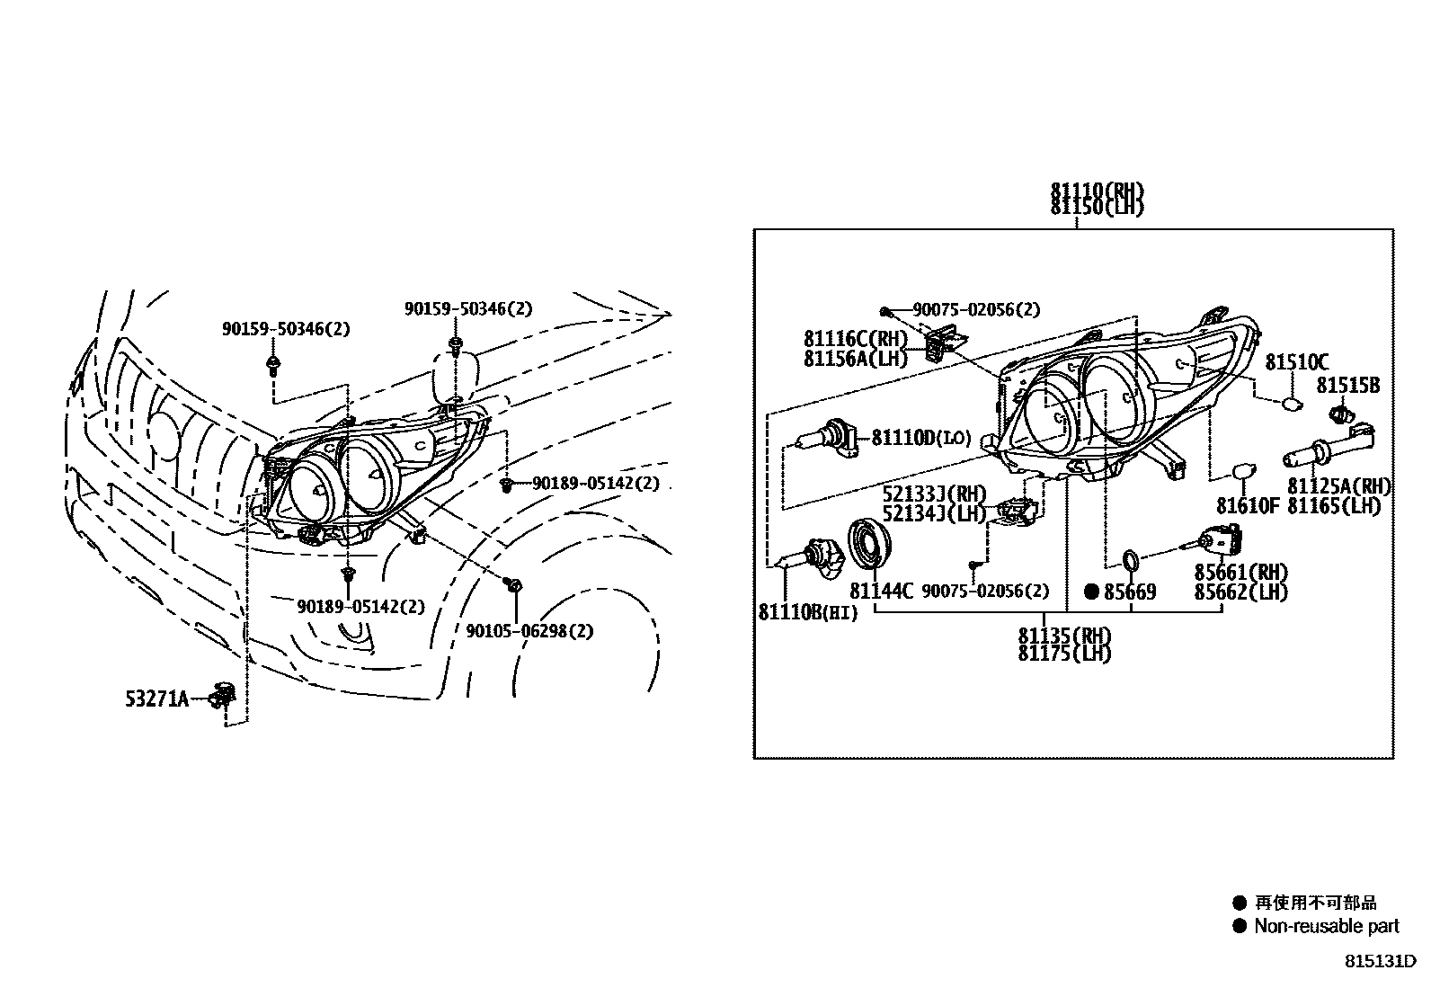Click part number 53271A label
pos(156,698)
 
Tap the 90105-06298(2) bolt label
pos(529,631)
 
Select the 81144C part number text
pos(881,592)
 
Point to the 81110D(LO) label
pos(920,438)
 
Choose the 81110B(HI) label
pos(808,613)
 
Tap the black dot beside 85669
pos(1091,592)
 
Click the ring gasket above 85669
pos(1132,563)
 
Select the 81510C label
pos(1296,362)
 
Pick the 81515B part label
pos(1347,386)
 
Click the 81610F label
pos(1247,505)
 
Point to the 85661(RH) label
pos(1240,573)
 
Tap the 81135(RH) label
pos(1064,635)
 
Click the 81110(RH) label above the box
pos(1098,191)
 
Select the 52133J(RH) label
pos(934,494)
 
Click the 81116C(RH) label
pos(856,339)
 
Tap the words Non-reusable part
pos(1327,926)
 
